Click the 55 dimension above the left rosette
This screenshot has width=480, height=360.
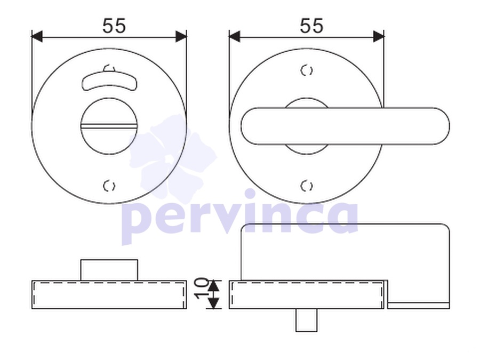114,26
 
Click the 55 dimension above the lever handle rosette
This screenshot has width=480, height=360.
311,26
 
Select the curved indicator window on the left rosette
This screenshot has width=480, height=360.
109,81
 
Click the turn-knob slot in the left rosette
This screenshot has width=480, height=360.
109,126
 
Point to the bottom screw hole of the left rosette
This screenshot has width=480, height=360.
109,186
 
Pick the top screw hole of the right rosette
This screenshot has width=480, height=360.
307,70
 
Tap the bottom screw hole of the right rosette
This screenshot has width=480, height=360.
307,186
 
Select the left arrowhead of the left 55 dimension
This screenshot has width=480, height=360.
37,36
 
